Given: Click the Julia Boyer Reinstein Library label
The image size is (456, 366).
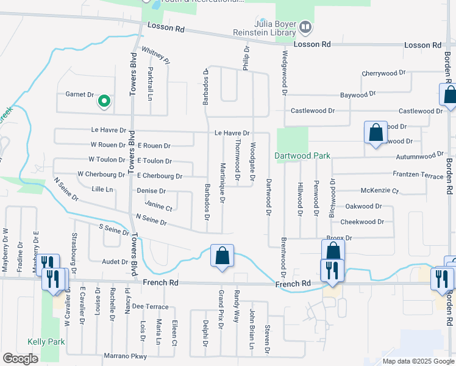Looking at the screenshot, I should [268, 29].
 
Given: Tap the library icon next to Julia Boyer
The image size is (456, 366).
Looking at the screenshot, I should [305, 27].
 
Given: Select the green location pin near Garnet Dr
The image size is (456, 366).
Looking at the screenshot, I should [104, 101].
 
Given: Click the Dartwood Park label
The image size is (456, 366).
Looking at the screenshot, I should [302, 156].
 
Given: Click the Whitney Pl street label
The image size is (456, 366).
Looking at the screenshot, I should [155, 54].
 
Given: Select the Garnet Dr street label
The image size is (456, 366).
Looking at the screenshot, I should [80, 95].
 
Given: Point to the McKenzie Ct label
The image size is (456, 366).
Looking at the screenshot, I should [379, 191].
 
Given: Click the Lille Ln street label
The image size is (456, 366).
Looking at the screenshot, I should [102, 190].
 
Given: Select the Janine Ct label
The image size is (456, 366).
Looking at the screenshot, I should [159, 207].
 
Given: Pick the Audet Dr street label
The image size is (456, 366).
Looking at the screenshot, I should [115, 262].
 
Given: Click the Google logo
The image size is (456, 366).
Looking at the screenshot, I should [20, 359].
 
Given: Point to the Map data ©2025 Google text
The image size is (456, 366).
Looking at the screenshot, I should [418, 361].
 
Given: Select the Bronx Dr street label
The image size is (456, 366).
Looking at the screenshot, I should [340, 238].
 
